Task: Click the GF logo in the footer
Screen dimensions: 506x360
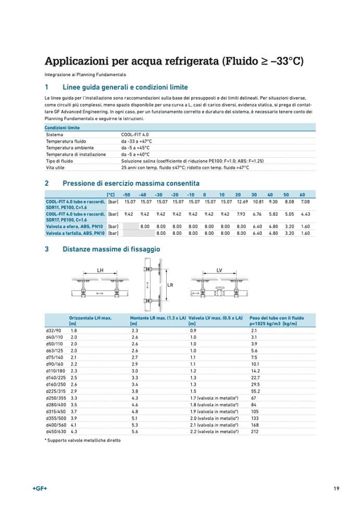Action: pyautogui.click(x=40, y=488)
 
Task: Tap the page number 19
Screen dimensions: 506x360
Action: pyautogui.click(x=337, y=488)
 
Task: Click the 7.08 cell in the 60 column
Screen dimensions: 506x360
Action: pyautogui.click(x=305, y=201)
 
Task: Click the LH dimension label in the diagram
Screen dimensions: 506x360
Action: pyautogui.click(x=101, y=271)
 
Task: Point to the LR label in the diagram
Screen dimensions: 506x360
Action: pyautogui.click(x=170, y=285)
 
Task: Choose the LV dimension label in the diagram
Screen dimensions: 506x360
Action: pyautogui.click(x=219, y=271)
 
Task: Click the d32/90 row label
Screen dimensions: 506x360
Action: pyautogui.click(x=54, y=331)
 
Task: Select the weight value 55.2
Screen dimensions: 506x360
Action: pyautogui.click(x=255, y=390)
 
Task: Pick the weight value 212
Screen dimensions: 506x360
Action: pyautogui.click(x=254, y=432)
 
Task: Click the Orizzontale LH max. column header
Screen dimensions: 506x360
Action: pyautogui.click(x=90, y=318)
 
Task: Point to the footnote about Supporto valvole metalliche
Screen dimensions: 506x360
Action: pyautogui.click(x=82, y=440)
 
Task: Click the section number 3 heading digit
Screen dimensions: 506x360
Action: pyautogui.click(x=47, y=249)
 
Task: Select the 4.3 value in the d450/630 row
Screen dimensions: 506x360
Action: pyautogui.click(x=73, y=432)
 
